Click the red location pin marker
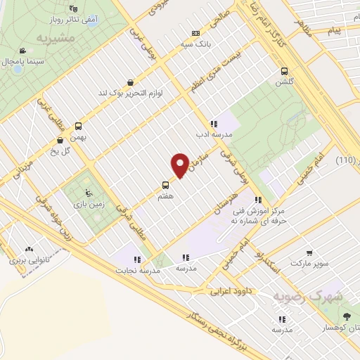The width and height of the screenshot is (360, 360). tap(180, 164)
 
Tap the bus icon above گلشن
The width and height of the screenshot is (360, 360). tap(285, 71)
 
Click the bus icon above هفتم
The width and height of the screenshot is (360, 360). tap(165, 187)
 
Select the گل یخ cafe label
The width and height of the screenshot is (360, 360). tap(67, 149)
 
